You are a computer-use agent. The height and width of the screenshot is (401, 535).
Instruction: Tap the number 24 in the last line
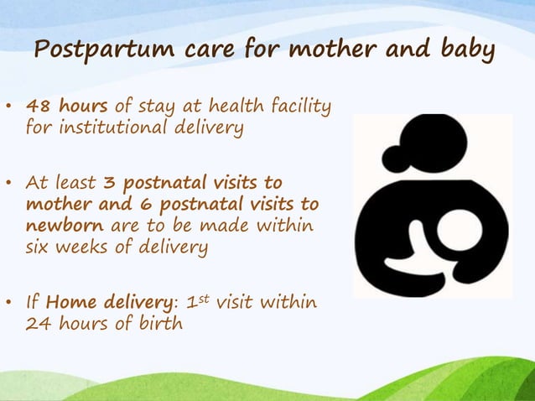37,324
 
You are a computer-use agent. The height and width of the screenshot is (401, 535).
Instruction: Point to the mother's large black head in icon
434,144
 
